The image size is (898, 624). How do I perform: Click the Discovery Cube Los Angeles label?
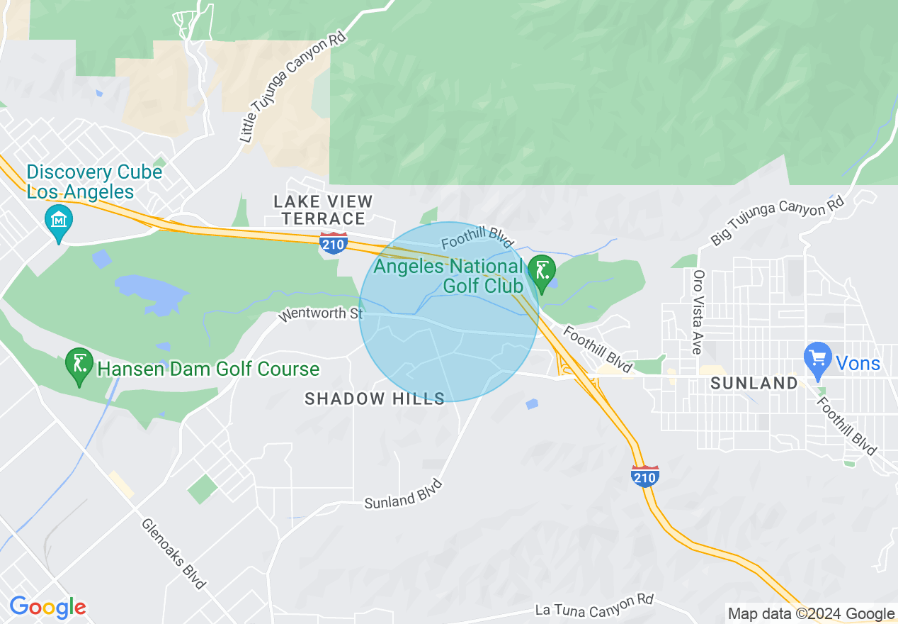pyautogui.click(x=94, y=182)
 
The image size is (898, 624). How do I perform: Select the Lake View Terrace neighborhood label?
pyautogui.click(x=323, y=210)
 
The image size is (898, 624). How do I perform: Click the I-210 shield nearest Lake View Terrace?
pyautogui.click(x=333, y=243)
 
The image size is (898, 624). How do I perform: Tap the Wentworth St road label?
pyautogui.click(x=320, y=313)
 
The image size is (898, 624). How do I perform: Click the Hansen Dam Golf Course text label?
pyautogui.click(x=208, y=369)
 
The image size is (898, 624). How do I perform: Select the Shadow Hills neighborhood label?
pyautogui.click(x=375, y=399)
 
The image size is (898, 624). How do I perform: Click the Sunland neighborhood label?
pyautogui.click(x=754, y=384)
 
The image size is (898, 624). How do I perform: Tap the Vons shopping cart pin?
pyautogui.click(x=818, y=357)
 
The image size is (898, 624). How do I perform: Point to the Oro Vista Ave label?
pyautogui.click(x=698, y=312)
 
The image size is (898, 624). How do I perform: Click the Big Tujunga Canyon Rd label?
pyautogui.click(x=778, y=221)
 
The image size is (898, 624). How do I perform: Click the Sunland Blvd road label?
pyautogui.click(x=404, y=494)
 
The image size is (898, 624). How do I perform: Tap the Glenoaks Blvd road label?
pyautogui.click(x=174, y=554)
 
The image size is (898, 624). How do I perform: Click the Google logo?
pyautogui.click(x=47, y=607)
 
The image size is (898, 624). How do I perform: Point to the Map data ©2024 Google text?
pyautogui.click(x=812, y=614)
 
